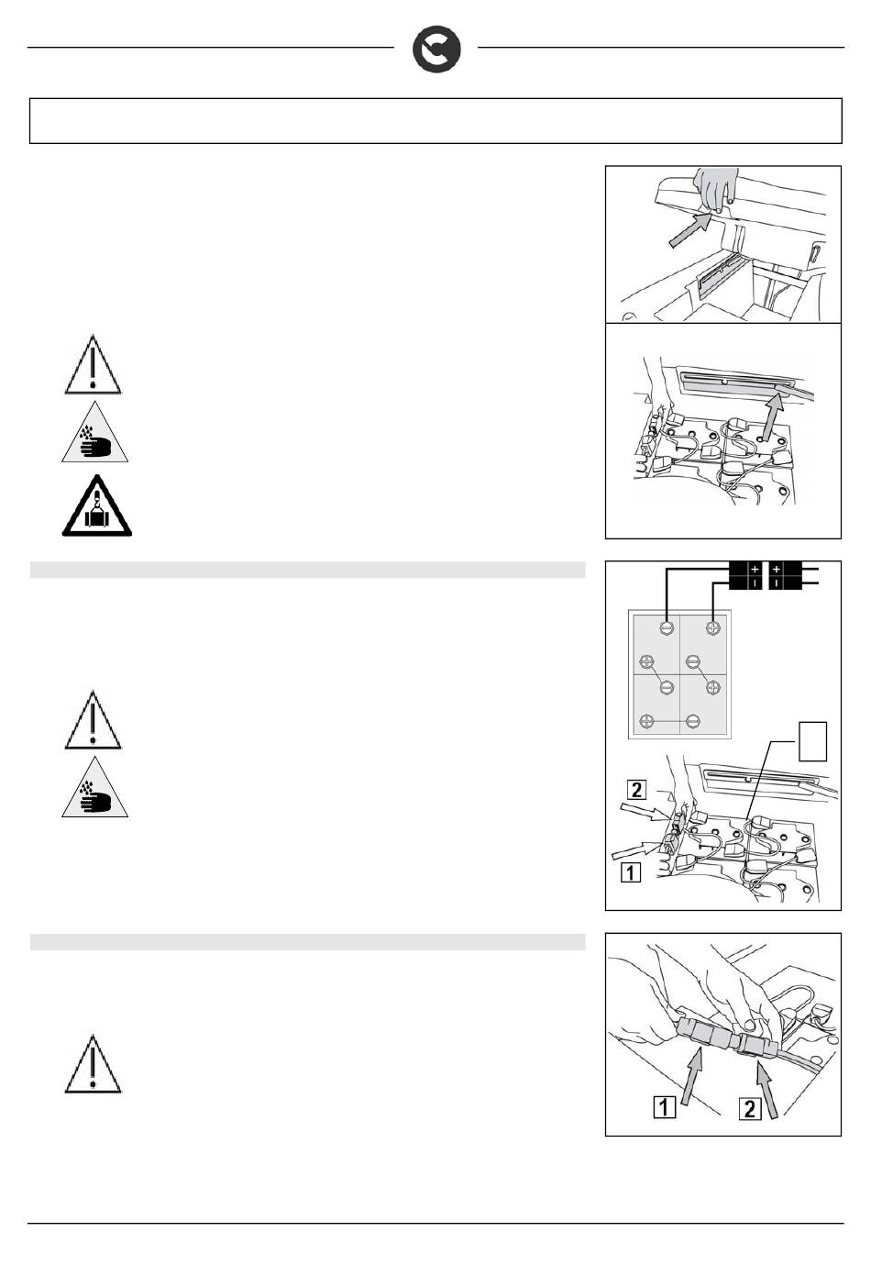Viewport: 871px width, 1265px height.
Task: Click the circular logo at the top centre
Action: click(435, 50)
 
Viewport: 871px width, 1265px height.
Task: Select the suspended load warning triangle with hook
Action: click(97, 505)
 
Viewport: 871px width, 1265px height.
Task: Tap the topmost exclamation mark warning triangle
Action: click(93, 364)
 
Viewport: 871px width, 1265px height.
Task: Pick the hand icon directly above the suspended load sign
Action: click(94, 432)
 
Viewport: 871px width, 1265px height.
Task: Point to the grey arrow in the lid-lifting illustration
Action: click(689, 229)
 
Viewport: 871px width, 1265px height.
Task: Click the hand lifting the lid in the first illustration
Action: click(715, 189)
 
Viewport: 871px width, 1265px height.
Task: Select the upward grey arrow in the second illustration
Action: click(771, 416)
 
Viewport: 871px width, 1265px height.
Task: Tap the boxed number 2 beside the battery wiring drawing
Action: click(636, 789)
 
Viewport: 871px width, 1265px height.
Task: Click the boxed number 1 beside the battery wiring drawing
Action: click(631, 872)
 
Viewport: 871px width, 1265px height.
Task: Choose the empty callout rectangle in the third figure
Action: click(812, 741)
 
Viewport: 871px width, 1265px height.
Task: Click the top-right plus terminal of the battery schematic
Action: click(713, 627)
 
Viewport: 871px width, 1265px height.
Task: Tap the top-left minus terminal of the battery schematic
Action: click(667, 627)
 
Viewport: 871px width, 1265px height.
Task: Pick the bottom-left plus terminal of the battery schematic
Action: click(647, 721)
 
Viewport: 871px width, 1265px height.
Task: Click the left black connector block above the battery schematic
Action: click(745, 575)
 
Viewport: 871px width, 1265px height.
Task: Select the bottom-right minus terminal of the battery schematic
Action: click(693, 721)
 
